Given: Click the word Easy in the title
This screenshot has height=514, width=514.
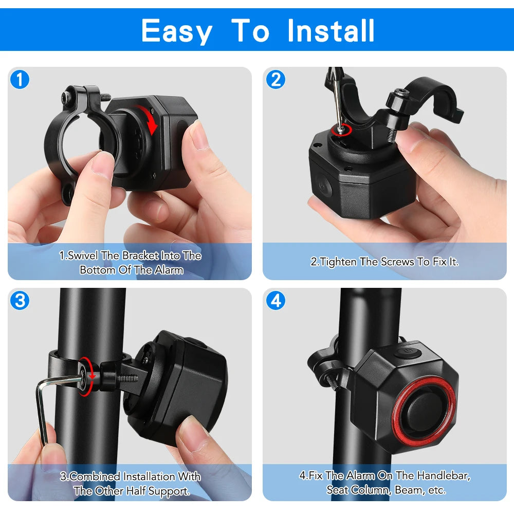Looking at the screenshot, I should point(176,30).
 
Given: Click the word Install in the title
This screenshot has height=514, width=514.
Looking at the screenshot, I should point(331,30).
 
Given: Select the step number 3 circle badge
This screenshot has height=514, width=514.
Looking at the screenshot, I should point(20,300).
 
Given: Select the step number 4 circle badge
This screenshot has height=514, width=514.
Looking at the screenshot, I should point(276,300).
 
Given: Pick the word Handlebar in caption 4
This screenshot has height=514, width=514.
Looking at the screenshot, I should point(442,475).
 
